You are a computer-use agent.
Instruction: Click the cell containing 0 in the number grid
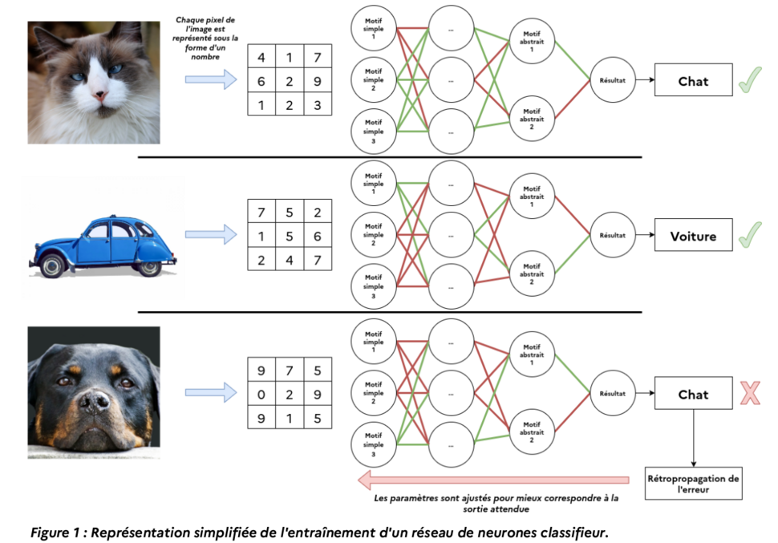tap(261, 395)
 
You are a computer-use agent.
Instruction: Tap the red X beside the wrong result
tap(750, 393)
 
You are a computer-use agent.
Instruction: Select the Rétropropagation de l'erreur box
tap(693, 484)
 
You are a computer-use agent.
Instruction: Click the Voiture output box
tap(693, 235)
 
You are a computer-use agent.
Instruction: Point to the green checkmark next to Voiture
tap(750, 234)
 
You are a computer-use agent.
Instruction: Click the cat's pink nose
tap(101, 95)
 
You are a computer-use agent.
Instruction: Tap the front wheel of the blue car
tap(52, 265)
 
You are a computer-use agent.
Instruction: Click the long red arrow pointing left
tap(494, 480)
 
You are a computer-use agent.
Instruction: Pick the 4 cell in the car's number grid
tap(290, 260)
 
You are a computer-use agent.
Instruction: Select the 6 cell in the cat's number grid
tap(261, 81)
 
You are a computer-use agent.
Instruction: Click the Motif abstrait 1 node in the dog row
tap(532, 354)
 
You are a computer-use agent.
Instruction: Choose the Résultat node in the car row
tap(613, 235)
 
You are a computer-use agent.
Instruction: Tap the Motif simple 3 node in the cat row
tap(374, 132)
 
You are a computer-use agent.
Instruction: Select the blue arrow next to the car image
tap(211, 234)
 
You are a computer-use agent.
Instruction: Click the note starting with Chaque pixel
tap(205, 38)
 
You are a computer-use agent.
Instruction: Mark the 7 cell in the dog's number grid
tap(290, 371)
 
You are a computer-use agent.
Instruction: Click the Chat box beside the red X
tap(693, 393)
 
